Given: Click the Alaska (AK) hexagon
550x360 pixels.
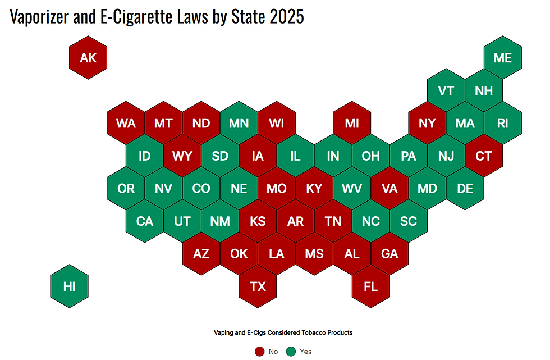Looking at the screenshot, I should (x=88, y=58).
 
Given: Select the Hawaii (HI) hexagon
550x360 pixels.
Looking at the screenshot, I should (x=69, y=286).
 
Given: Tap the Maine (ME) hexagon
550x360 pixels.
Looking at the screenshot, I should (x=502, y=58).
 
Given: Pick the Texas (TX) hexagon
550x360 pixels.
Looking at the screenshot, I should (x=258, y=286).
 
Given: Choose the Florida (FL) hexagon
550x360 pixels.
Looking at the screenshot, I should (x=371, y=286).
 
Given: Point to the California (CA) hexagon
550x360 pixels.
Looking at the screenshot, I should (x=145, y=221).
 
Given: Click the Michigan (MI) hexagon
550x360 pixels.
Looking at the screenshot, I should (x=352, y=123).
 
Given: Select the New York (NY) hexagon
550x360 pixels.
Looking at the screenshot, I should (x=427, y=123).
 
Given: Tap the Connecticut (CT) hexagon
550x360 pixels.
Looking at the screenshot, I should (x=484, y=156).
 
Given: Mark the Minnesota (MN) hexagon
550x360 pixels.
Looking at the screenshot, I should (x=239, y=123).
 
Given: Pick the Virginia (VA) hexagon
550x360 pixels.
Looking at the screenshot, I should (x=389, y=189).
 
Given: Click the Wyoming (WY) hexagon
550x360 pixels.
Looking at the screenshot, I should (x=182, y=156).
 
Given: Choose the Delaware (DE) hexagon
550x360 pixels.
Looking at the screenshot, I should (x=465, y=189).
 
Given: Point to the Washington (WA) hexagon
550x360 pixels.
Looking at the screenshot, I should (x=126, y=123).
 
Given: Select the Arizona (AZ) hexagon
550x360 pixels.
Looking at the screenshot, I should (x=201, y=254).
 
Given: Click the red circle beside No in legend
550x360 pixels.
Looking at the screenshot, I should (x=259, y=352).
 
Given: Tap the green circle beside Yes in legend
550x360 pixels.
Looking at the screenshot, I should (x=291, y=352).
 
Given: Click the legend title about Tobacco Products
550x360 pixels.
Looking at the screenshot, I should (x=283, y=332).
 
